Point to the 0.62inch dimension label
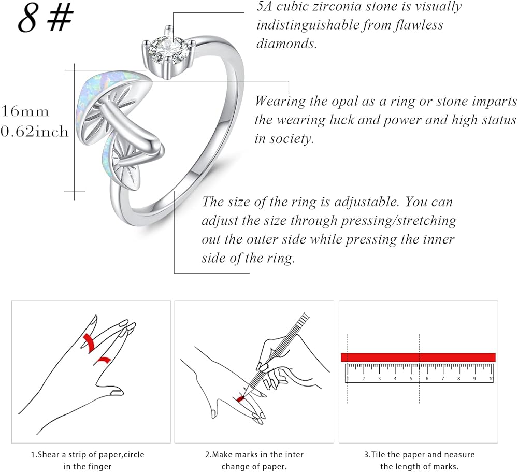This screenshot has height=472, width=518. click(x=34, y=132)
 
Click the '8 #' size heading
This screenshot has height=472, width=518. click(x=46, y=19)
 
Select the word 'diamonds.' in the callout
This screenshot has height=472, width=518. click(x=286, y=44)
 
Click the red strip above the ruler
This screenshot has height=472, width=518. click(x=418, y=357)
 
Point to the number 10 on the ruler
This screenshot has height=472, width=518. click(x=490, y=379)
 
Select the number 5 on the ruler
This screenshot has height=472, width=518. click(x=411, y=379)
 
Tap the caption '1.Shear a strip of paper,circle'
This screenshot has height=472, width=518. click(x=92, y=455)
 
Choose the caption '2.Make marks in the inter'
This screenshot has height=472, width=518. click(x=254, y=455)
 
